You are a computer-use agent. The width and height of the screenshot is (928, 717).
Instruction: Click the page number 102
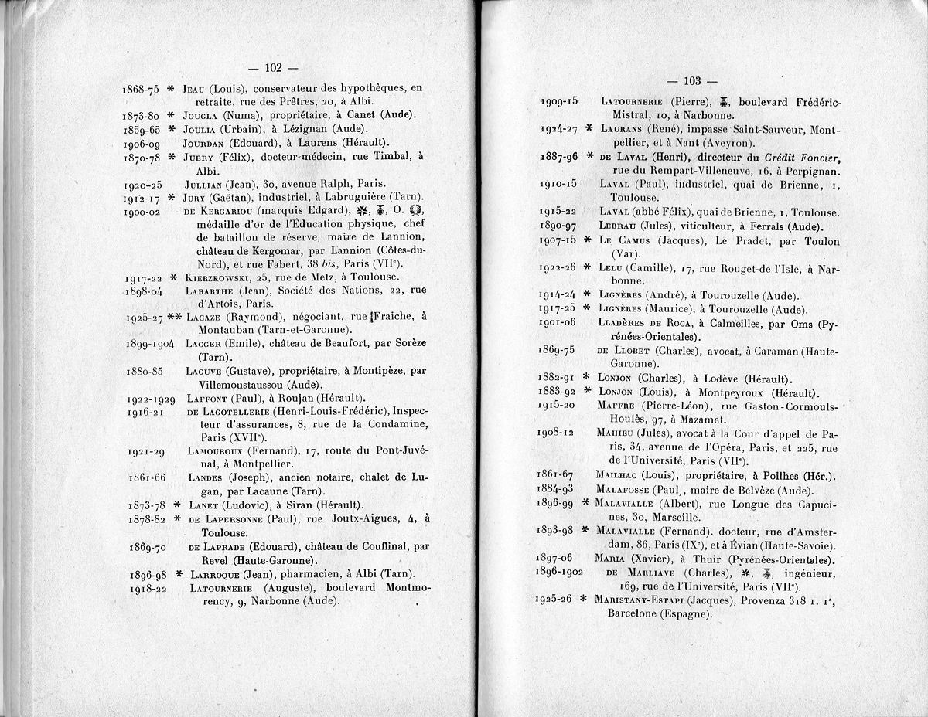276,67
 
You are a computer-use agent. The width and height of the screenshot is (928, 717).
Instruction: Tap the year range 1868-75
141,89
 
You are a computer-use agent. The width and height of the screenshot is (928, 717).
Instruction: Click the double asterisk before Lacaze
174,317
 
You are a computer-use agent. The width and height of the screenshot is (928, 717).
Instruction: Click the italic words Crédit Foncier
800,156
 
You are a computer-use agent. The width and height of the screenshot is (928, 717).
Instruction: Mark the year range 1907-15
558,240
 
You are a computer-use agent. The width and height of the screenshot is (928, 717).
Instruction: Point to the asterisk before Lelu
587,267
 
